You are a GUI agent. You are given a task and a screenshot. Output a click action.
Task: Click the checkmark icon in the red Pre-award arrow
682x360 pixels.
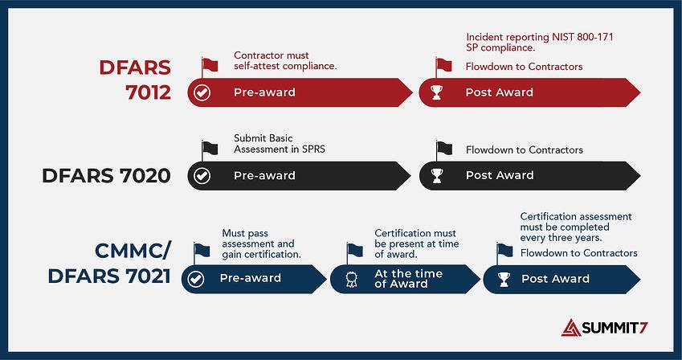click(x=202, y=92)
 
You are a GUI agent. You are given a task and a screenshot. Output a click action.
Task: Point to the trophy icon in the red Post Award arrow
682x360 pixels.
click(x=436, y=92)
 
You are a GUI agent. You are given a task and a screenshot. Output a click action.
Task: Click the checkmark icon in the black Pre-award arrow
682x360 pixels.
click(x=202, y=175)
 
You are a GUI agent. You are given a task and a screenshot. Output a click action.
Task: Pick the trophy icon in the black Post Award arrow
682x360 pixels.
click(x=436, y=175)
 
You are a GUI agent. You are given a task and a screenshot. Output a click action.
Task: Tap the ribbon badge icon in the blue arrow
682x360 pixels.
click(x=351, y=279)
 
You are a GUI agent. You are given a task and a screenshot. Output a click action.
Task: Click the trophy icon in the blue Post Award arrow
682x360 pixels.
click(x=503, y=279)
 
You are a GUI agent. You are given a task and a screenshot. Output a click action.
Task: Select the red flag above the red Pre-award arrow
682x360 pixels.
click(x=210, y=65)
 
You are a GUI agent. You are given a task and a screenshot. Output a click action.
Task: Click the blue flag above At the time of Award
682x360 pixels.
click(x=354, y=251)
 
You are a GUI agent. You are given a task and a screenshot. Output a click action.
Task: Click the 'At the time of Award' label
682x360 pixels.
click(x=408, y=279)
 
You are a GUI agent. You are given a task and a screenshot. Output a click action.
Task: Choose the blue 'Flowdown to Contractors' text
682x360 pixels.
click(x=578, y=253)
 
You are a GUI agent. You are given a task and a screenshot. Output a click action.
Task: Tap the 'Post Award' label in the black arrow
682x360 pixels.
click(x=499, y=175)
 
